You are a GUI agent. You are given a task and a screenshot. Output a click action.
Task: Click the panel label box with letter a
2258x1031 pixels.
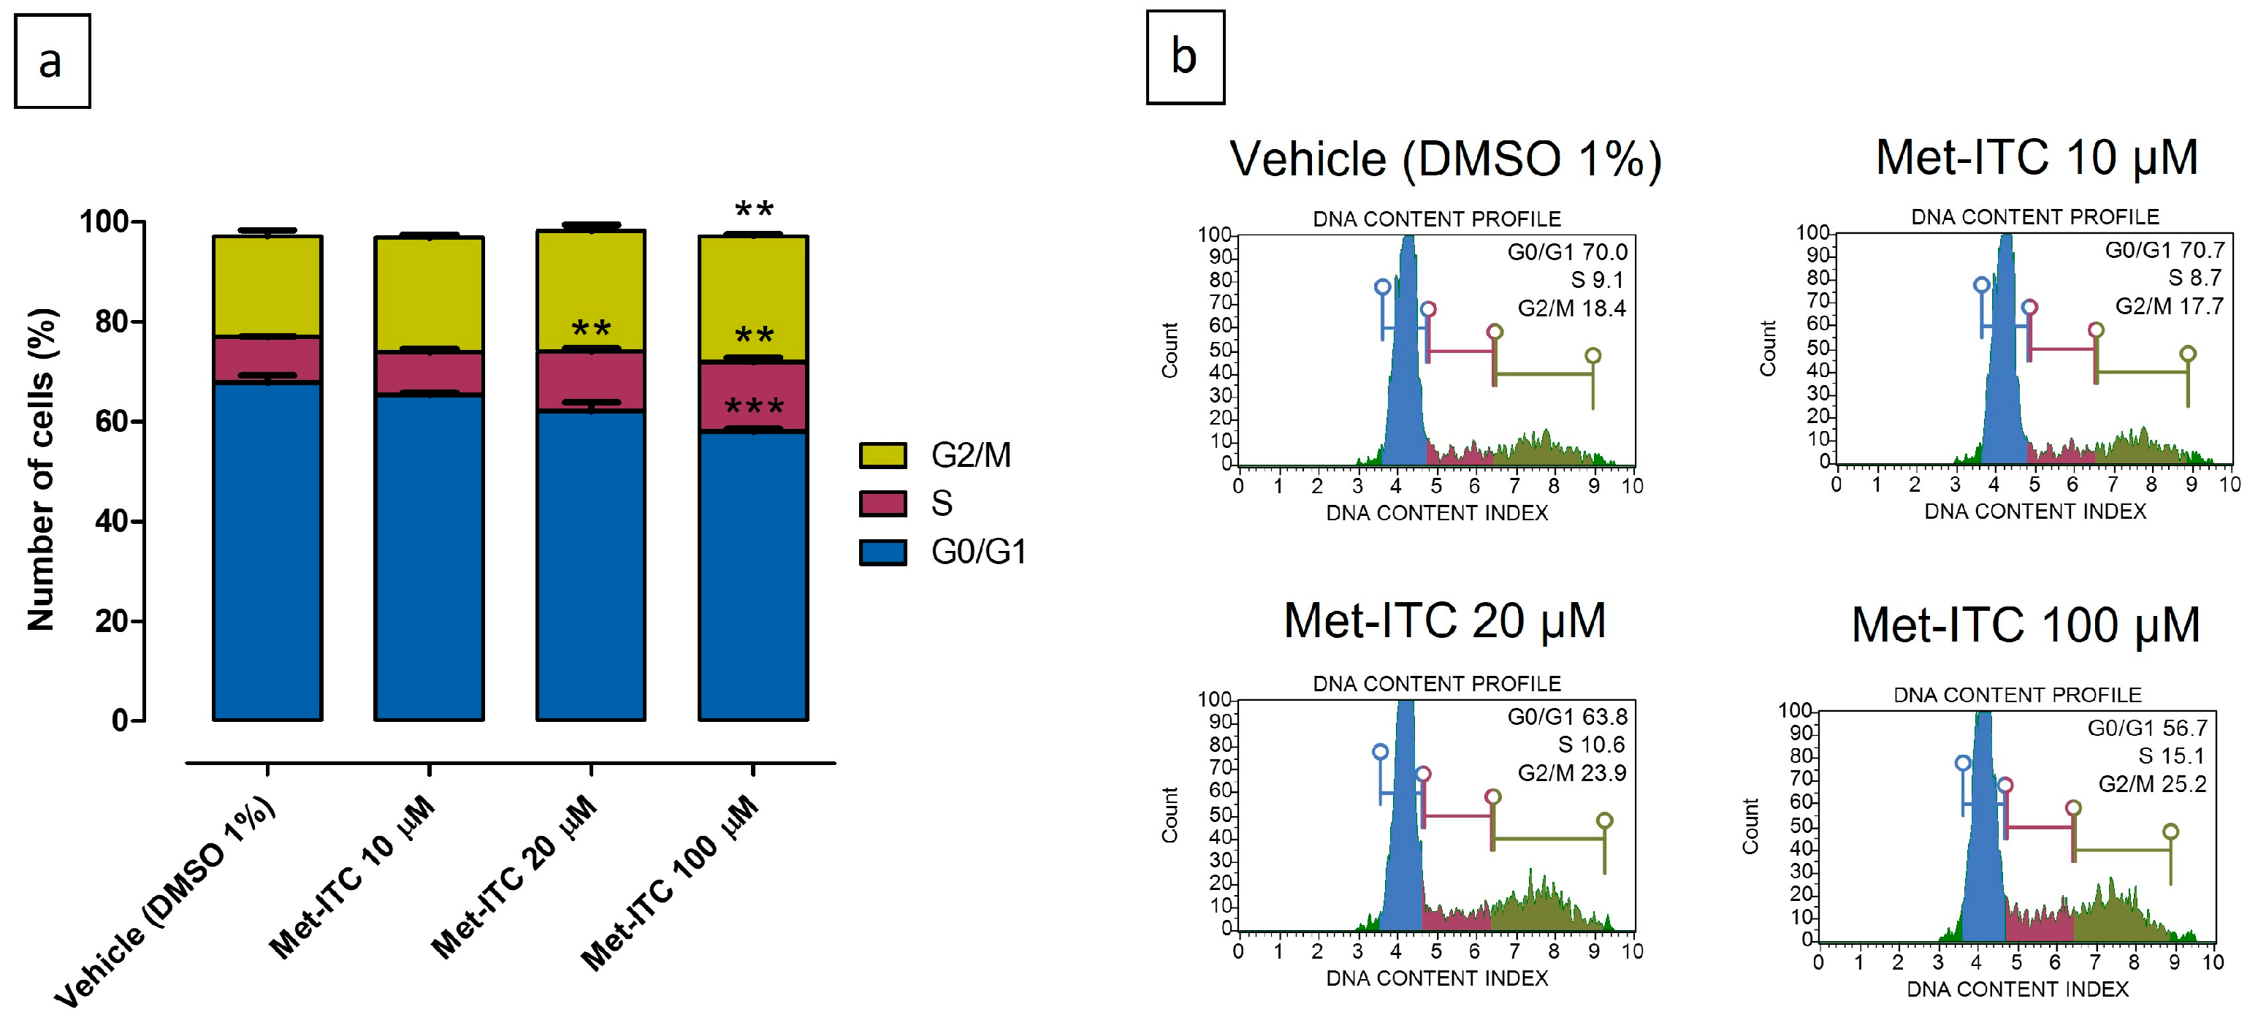pyautogui.click(x=52, y=61)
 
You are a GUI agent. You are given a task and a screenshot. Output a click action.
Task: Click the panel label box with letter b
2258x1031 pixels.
pyautogui.click(x=1184, y=57)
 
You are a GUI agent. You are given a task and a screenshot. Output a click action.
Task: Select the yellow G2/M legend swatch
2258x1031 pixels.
pyautogui.click(x=882, y=455)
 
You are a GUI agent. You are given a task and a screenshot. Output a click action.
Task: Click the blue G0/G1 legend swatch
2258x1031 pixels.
pyautogui.click(x=882, y=552)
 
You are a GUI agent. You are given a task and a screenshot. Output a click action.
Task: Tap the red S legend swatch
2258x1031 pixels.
pyautogui.click(x=882, y=503)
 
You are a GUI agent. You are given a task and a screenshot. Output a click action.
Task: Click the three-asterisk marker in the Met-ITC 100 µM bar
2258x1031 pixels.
pyautogui.click(x=753, y=408)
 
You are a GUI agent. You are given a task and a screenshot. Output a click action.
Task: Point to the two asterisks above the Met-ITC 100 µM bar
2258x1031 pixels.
pyautogui.click(x=753, y=210)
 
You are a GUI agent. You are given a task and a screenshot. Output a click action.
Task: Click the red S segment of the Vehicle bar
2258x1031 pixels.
pyautogui.click(x=267, y=359)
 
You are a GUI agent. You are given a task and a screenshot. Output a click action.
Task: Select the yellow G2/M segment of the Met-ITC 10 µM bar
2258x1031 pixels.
pyautogui.click(x=429, y=294)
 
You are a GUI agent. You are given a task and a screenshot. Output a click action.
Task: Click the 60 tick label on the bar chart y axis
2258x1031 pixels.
pyautogui.click(x=112, y=422)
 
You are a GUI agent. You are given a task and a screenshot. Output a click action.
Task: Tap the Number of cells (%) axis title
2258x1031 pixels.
pyautogui.click(x=41, y=470)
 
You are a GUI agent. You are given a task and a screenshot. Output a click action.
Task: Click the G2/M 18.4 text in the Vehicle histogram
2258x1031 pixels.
pyautogui.click(x=1571, y=308)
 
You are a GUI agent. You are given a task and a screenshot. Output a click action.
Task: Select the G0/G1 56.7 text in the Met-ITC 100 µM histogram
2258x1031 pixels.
pyautogui.click(x=2147, y=728)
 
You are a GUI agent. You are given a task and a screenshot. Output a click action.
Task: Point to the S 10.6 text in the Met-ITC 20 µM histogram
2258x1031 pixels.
pyautogui.click(x=1590, y=745)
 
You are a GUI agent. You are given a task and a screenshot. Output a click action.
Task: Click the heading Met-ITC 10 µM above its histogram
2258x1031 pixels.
pyautogui.click(x=2036, y=158)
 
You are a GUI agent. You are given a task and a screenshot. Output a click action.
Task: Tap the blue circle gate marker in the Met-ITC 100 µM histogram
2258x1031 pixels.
pyautogui.click(x=1963, y=763)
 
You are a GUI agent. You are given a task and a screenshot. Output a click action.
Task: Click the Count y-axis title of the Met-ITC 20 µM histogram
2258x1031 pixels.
pyautogui.click(x=1170, y=815)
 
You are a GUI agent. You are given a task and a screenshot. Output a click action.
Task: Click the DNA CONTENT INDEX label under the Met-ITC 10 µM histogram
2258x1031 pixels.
pyautogui.click(x=2034, y=511)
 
